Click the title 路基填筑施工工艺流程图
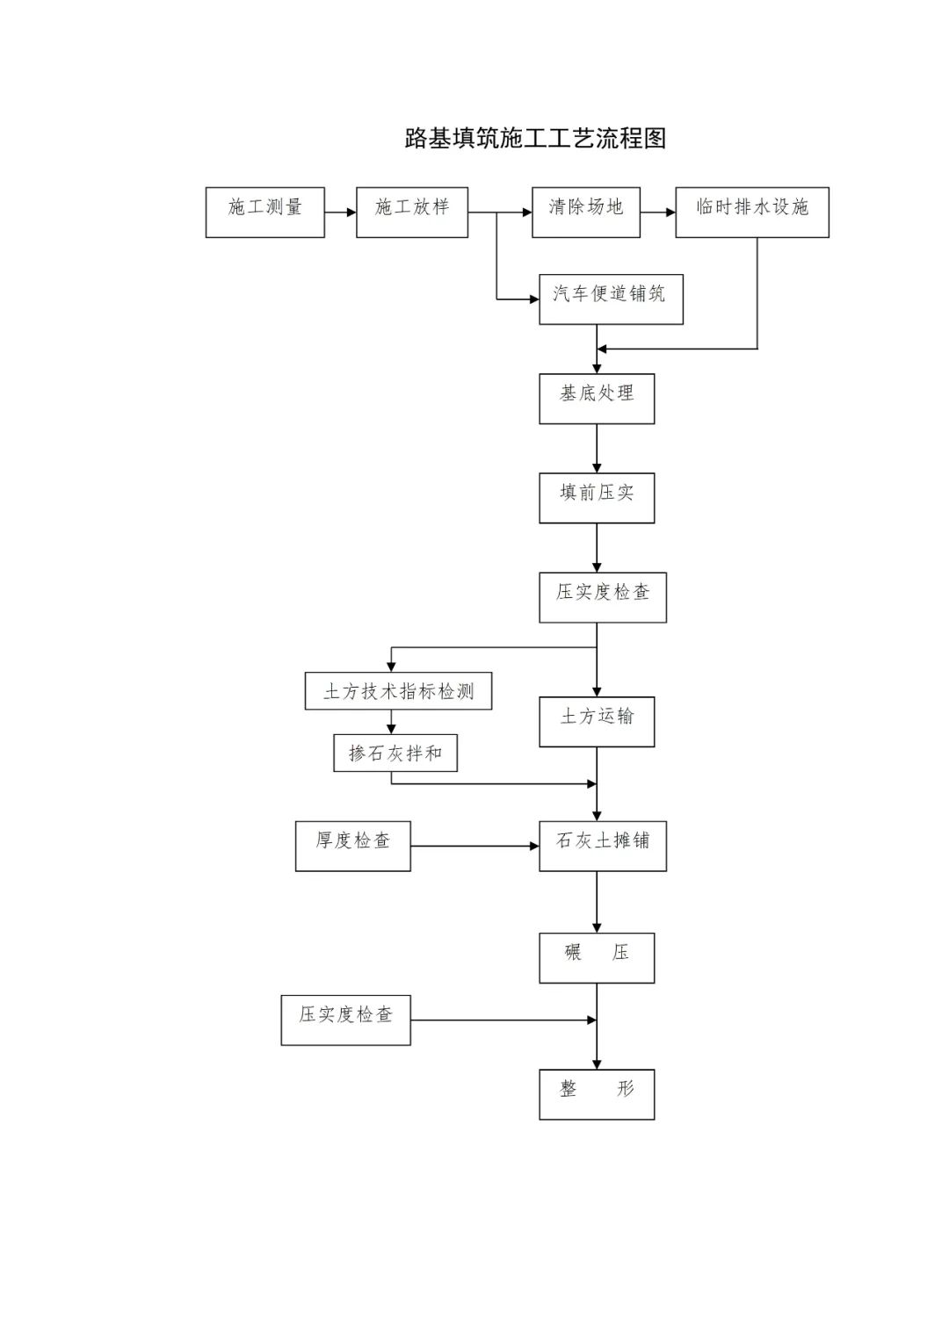535,138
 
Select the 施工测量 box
264,212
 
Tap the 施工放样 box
411,212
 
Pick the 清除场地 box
585,212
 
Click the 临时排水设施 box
751,212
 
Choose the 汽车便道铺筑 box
611,299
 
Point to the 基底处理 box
597,399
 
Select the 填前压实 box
597,498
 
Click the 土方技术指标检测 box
398,691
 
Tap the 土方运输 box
597,722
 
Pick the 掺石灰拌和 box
395,753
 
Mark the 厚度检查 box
352,846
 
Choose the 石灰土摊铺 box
602,846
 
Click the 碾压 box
597,957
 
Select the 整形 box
597,1093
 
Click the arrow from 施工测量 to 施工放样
340,212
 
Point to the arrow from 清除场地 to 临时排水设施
657,212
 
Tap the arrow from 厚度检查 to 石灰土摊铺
474,846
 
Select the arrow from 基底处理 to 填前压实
597,448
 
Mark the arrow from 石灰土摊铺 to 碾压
597,902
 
